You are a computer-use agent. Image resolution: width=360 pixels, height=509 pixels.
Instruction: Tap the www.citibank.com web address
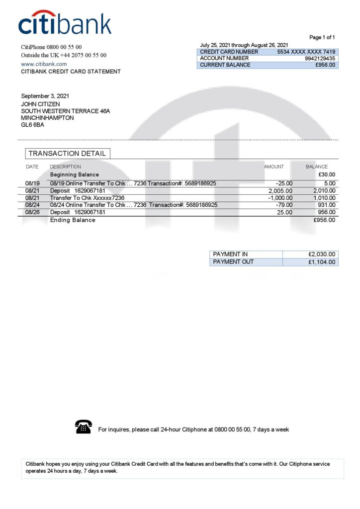pyautogui.click(x=44, y=64)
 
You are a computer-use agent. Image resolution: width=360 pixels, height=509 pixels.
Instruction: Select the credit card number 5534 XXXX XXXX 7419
pyautogui.click(x=306, y=52)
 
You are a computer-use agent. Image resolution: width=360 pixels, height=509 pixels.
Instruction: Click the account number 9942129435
pyautogui.click(x=320, y=58)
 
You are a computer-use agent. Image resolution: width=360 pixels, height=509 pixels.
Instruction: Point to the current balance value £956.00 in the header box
pyautogui.click(x=325, y=65)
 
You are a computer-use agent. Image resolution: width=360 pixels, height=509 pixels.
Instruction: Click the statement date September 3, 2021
pyautogui.click(x=45, y=96)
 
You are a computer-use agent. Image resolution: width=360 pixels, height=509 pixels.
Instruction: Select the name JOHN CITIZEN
pyautogui.click(x=40, y=104)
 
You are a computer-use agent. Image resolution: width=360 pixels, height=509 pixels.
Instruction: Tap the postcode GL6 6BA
pyautogui.click(x=32, y=125)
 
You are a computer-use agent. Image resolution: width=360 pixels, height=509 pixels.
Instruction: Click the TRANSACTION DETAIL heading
pyautogui.click(x=67, y=154)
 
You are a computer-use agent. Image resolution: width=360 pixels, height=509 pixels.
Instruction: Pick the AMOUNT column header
pyautogui.click(x=274, y=167)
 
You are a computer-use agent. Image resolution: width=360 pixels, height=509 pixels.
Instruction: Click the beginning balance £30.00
pyautogui.click(x=327, y=175)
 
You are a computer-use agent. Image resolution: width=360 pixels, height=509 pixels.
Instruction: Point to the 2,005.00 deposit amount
pyautogui.click(x=280, y=191)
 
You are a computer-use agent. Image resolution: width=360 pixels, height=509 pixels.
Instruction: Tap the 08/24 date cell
pyautogui.click(x=32, y=205)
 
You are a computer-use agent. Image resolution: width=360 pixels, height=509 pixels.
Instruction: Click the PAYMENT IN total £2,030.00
pyautogui.click(x=322, y=254)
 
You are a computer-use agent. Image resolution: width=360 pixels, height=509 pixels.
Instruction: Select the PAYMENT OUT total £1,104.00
pyautogui.click(x=322, y=262)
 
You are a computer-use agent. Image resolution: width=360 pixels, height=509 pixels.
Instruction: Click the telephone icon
pyautogui.click(x=83, y=426)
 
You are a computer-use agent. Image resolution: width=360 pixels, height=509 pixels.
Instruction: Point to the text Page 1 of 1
pyautogui.click(x=322, y=37)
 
